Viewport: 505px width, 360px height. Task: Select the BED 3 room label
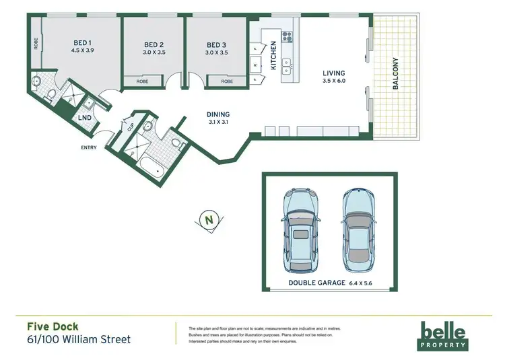point(217,46)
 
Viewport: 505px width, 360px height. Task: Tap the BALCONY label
point(395,74)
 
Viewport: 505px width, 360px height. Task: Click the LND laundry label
point(85,118)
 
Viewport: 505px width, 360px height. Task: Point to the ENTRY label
point(89,147)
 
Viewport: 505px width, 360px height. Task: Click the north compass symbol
point(208,219)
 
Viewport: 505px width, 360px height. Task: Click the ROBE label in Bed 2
point(142,81)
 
